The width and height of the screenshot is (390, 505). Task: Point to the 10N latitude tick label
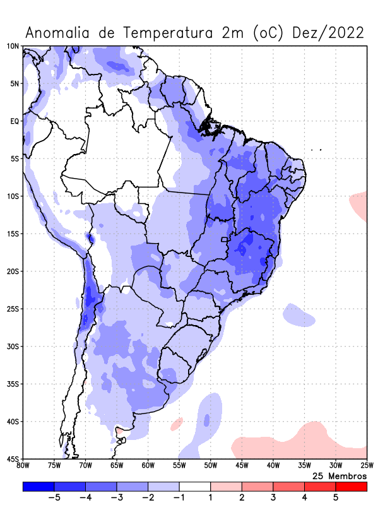(13, 46)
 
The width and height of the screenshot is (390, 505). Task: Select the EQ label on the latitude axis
(15, 121)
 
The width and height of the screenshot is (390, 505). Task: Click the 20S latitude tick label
(13, 271)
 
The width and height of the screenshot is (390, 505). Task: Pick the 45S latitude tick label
(13, 459)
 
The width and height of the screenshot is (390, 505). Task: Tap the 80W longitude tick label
(23, 466)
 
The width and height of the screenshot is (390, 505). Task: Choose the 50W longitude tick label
(210, 466)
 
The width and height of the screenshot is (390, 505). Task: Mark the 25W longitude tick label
(366, 466)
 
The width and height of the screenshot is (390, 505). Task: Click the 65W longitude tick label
(117, 466)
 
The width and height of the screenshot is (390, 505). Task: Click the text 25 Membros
(340, 475)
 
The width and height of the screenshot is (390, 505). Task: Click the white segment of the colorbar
(194, 487)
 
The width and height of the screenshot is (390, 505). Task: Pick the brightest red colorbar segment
(351, 487)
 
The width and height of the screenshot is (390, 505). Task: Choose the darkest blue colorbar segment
(38, 487)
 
